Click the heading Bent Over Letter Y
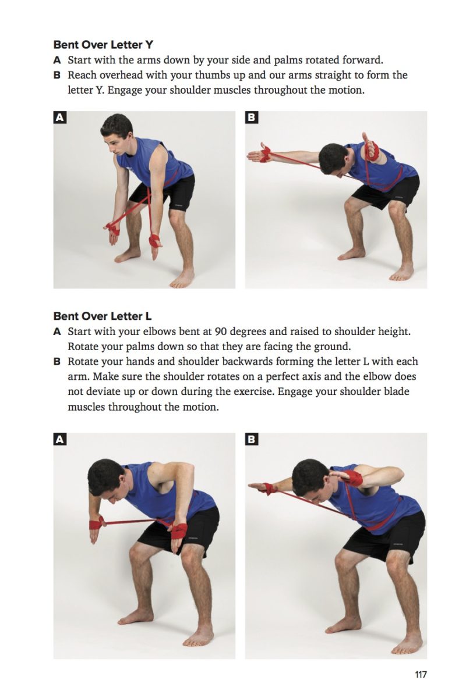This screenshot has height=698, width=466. point(103,44)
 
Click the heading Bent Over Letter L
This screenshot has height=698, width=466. point(102,316)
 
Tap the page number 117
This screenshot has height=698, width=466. point(421,675)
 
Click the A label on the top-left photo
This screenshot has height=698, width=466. point(59,117)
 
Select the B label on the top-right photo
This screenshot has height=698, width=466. point(251,117)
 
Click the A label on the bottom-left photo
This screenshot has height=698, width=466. point(59,439)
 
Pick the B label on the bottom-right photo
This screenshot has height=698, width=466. point(251,439)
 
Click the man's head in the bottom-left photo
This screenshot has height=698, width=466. point(106,478)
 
